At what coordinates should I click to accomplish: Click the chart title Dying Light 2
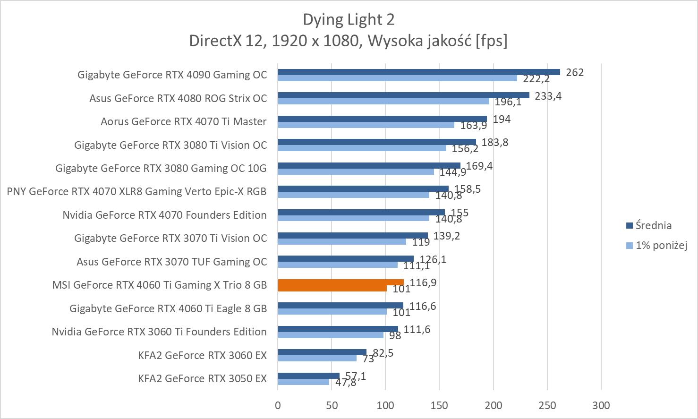349,19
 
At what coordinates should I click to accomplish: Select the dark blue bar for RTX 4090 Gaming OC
418,72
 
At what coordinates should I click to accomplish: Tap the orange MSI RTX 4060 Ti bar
340,282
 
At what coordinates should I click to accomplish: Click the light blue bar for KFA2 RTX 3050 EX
303,382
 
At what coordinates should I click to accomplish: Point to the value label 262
575,72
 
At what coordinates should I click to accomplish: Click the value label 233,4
548,96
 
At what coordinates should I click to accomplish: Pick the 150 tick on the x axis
439,405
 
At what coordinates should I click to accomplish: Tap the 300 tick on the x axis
601,405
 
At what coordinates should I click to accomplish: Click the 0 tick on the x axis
278,405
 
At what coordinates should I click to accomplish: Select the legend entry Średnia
653,225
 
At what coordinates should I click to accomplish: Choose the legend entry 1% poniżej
661,245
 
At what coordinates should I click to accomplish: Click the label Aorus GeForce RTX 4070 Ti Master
183,121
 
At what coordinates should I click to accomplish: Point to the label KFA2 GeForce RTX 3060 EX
202,355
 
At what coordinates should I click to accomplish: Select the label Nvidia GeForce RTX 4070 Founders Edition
164,215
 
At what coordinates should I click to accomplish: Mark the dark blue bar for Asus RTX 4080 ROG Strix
403,95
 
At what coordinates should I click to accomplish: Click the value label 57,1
356,376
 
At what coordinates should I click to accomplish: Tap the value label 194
502,119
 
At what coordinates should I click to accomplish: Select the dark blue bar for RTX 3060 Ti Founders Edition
338,329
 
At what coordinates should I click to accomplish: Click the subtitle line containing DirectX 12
349,41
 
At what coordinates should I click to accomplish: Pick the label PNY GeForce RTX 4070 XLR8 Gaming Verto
136,191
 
